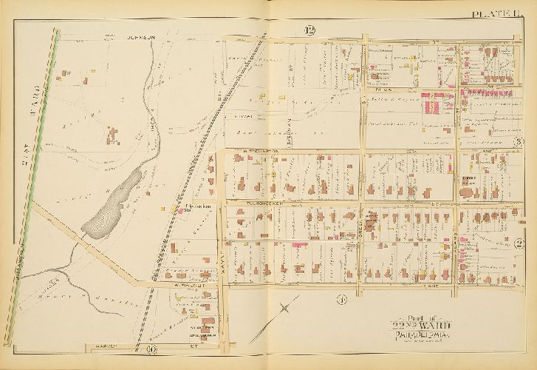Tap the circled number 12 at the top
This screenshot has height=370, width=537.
click(x=309, y=30)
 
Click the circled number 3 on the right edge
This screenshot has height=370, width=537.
click(x=519, y=143)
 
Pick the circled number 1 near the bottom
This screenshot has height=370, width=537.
click(x=341, y=300)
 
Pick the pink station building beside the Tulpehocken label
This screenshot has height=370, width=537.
click(x=176, y=210)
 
